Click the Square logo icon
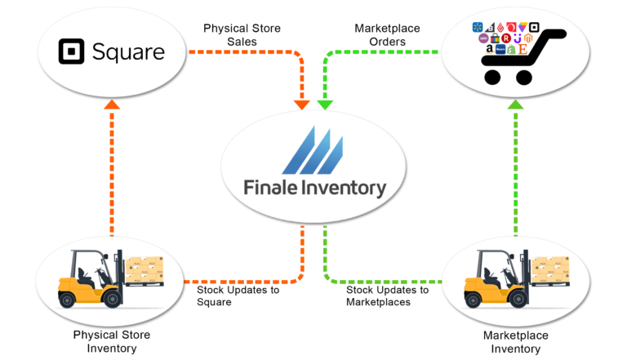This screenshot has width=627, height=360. coord(72,52)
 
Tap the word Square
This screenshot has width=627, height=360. coord(127,53)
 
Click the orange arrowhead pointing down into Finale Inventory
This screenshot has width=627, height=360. coord(302,104)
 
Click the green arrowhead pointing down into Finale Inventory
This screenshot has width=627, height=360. coord(325,104)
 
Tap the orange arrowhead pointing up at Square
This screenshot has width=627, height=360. coord(112,104)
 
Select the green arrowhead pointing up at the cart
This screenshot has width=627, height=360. coord(515,104)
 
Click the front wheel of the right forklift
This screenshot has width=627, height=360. coord(518,297)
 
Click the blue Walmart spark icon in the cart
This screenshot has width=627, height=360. coord(478,28)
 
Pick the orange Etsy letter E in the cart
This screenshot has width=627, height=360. coord(522,49)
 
